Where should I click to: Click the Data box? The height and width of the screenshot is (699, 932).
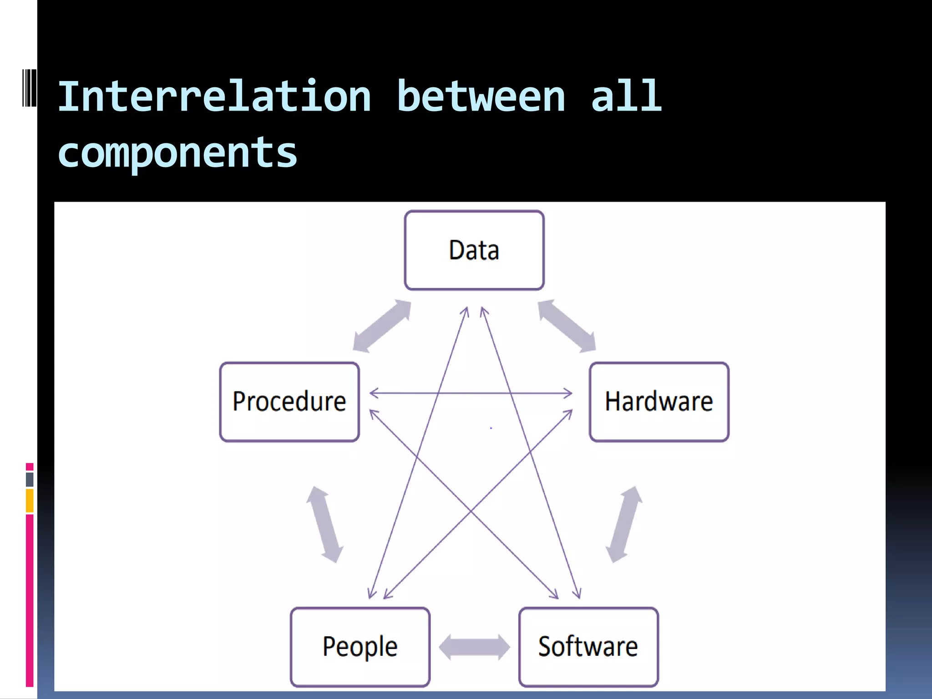coord(474,250)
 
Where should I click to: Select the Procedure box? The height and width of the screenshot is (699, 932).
coord(289,401)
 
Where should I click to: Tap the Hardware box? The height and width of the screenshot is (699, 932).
coord(659,401)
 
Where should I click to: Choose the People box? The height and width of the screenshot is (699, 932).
coord(360,646)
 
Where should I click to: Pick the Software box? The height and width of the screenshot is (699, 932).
coord(588,646)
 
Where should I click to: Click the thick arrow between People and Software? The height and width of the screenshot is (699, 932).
coord(474,647)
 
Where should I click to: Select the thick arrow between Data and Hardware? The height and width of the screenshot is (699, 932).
coord(567,326)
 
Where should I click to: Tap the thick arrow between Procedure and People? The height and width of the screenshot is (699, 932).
coord(324,524)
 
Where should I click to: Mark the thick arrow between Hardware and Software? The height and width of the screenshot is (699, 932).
coord(624,524)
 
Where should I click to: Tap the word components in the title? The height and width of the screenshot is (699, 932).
coord(177,152)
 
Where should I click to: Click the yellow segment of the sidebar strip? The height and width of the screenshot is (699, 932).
coord(30,501)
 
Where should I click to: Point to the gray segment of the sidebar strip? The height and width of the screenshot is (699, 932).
coord(30,479)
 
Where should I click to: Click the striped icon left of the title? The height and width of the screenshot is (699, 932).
coord(30,87)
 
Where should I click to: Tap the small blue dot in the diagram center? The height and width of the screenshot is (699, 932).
coord(491,428)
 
